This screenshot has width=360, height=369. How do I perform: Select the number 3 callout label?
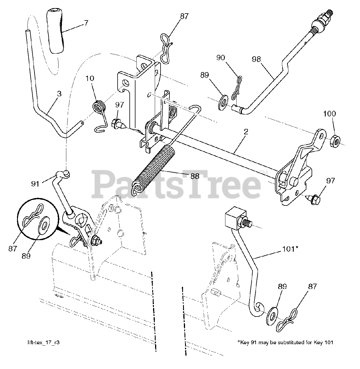[x=59, y=93]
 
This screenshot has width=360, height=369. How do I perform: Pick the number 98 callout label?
[x=256, y=59]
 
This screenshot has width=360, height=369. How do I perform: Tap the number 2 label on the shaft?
[x=246, y=132]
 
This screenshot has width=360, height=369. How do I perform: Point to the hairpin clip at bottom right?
[x=287, y=321]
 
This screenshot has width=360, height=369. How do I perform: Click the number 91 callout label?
[x=35, y=183]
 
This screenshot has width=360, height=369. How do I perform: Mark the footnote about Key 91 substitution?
[x=285, y=342]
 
